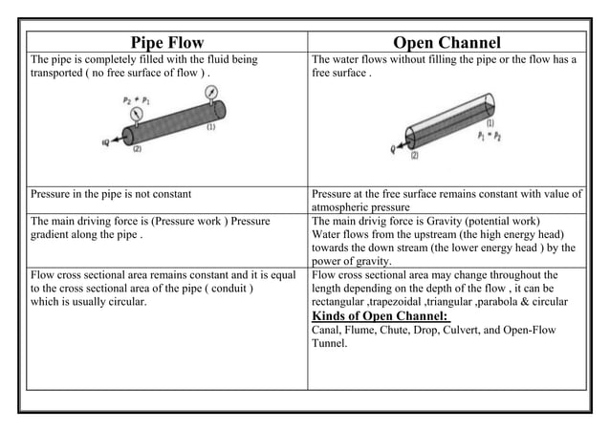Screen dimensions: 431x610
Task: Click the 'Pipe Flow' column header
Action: pos(162,43)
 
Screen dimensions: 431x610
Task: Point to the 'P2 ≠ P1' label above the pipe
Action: pos(137,99)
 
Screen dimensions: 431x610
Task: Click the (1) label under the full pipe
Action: pos(209,126)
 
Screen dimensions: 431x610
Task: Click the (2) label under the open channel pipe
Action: pos(417,154)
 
